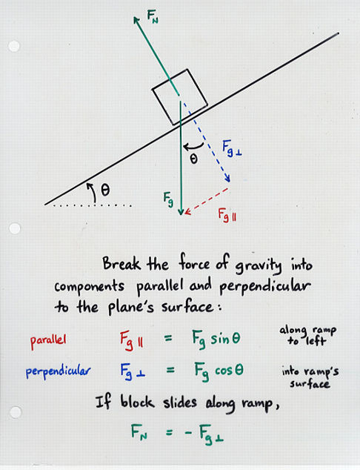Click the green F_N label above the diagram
(153, 16)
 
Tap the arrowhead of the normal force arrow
(136, 20)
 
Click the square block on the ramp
(180, 97)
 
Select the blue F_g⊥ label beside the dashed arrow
(232, 148)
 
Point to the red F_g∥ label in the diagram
(227, 215)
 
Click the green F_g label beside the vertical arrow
(168, 199)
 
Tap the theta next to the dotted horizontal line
(105, 190)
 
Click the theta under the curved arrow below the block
(194, 159)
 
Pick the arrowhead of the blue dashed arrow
(227, 179)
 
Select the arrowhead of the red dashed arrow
(187, 211)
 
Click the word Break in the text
(121, 264)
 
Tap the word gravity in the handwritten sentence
(259, 266)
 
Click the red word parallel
(48, 341)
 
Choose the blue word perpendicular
(58, 371)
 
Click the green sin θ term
(225, 339)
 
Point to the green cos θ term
(229, 371)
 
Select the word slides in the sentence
(180, 403)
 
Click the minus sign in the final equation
(188, 432)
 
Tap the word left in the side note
(316, 341)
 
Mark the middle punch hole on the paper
(15, 228)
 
